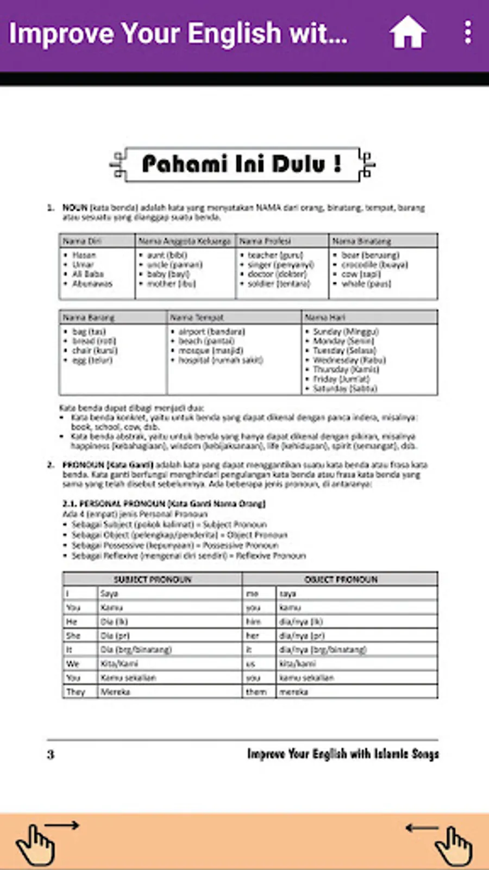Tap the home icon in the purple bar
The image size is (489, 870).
(407, 33)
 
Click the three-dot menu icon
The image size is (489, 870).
(468, 33)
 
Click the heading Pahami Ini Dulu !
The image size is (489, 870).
(242, 164)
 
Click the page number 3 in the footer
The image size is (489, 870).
(51, 754)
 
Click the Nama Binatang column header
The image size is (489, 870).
(361, 241)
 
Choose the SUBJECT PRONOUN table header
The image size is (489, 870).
(153, 579)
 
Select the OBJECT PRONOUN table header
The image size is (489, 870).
(341, 579)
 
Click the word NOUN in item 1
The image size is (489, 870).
(75, 208)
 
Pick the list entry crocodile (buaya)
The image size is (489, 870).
(374, 265)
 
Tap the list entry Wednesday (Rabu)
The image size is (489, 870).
(349, 360)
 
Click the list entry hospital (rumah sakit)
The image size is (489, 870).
(221, 360)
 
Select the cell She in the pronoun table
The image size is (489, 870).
(73, 636)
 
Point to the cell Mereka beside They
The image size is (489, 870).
(115, 692)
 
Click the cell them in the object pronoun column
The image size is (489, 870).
(256, 692)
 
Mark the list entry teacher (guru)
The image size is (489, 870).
(275, 255)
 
